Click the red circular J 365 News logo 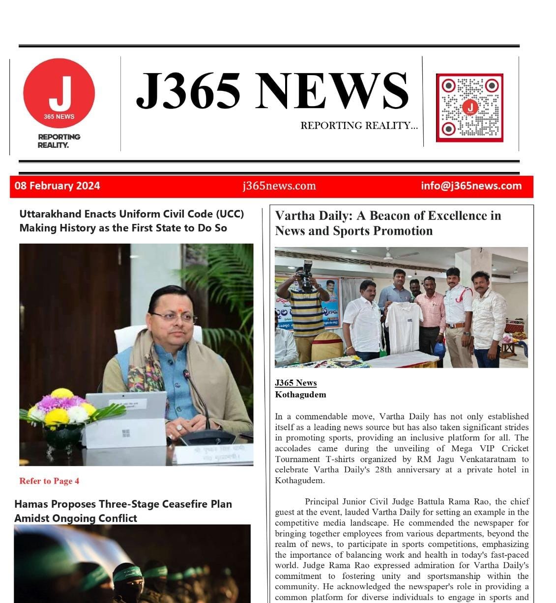click(59, 93)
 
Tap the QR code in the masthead click(469, 108)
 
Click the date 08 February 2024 click(57, 186)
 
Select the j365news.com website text click(279, 186)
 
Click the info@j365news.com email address click(471, 186)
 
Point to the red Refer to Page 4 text click(49, 481)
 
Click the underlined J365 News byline click(295, 383)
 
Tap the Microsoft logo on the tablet click(126, 433)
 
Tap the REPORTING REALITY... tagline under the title click(359, 126)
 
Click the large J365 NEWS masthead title click(272, 90)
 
